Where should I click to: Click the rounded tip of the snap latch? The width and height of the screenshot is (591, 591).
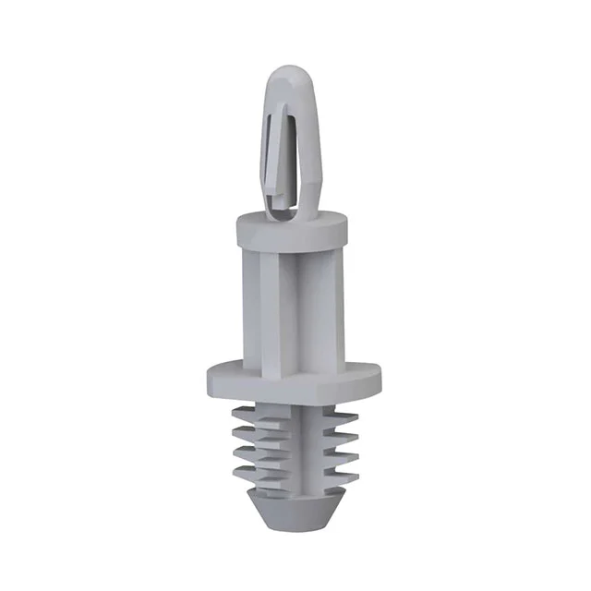pos(287,74)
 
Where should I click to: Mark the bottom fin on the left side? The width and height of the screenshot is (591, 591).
pos(243,473)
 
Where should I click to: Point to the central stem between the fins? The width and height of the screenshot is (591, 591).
pos(294,443)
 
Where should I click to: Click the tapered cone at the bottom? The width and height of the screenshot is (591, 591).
pos(294,506)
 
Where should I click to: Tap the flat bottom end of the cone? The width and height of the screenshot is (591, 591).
pos(294,526)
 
